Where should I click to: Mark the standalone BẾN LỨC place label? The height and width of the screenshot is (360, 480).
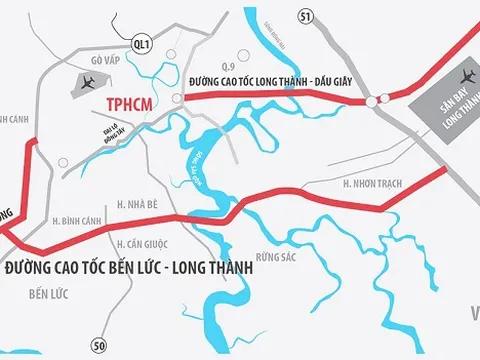click(x=53, y=296)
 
